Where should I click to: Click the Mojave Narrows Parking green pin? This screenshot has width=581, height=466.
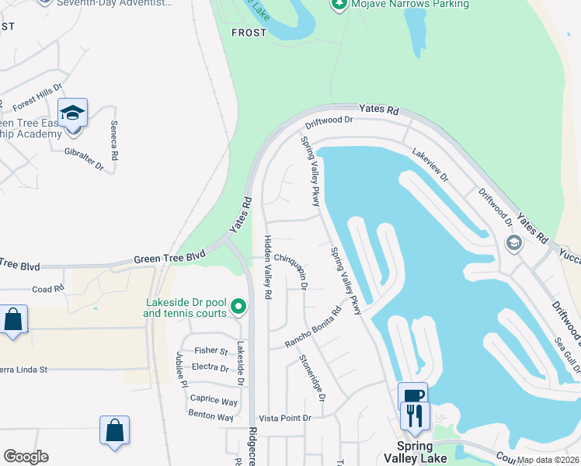point(339,5)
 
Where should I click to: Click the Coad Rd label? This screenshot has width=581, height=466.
point(47,289)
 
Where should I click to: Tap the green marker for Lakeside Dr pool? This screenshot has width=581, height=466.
point(238,308)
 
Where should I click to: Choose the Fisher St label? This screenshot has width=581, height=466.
point(211,351)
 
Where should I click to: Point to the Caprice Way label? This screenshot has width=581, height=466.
point(214,401)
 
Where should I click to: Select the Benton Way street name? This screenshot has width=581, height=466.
point(210,416)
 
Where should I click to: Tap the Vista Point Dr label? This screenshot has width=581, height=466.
point(284,418)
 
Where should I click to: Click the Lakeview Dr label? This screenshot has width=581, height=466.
point(430,165)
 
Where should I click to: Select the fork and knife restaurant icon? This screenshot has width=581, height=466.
point(413,416)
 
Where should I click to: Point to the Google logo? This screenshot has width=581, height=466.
point(26,457)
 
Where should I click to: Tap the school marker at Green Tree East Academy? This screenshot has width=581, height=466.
point(72,114)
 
